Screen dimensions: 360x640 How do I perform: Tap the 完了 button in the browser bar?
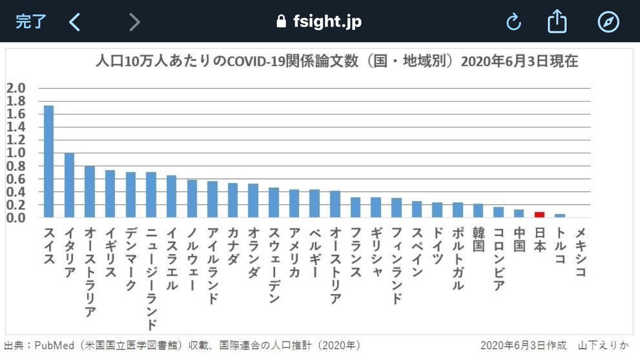(x=31, y=22)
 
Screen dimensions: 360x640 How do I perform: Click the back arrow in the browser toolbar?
(x=75, y=22)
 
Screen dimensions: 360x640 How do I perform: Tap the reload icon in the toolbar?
(x=513, y=22)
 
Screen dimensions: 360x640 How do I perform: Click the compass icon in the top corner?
(x=608, y=22)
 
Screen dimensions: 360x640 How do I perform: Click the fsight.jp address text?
(x=327, y=22)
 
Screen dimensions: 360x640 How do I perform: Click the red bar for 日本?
(x=539, y=214)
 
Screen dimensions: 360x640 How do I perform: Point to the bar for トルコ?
(x=560, y=215)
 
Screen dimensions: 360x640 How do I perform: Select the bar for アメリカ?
(x=294, y=203)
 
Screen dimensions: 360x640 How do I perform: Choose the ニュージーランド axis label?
(x=151, y=277)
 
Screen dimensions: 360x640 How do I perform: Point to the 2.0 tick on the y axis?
(x=16, y=88)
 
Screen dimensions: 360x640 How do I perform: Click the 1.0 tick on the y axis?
(x=16, y=153)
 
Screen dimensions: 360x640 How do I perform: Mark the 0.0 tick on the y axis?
(x=16, y=218)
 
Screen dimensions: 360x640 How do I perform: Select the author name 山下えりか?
(x=606, y=345)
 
